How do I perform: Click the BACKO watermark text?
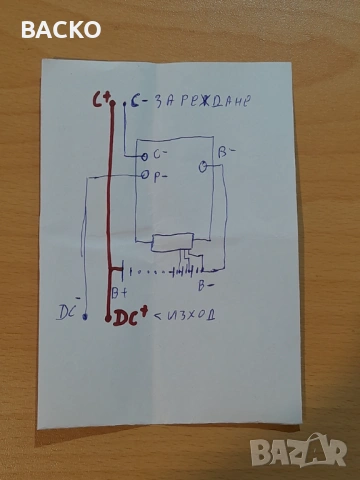click(61, 30)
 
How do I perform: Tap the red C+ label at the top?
click(99, 100)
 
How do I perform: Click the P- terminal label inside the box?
click(160, 175)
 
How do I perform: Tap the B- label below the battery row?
click(204, 285)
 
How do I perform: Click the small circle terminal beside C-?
click(146, 156)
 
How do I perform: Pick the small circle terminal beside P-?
click(146, 176)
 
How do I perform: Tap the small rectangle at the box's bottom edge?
click(176, 243)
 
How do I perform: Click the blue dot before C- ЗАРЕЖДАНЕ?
click(124, 102)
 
